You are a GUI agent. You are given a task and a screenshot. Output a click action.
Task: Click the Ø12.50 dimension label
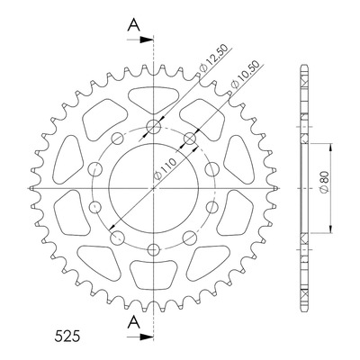[214, 58]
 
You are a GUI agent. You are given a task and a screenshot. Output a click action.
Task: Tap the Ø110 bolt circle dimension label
[165, 170]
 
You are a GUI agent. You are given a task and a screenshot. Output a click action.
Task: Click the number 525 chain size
[67, 336]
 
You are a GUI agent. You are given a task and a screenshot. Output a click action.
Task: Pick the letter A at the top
[134, 24]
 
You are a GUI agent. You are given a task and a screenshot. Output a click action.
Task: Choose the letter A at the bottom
[134, 322]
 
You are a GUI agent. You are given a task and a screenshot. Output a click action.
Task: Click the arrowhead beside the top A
[146, 40]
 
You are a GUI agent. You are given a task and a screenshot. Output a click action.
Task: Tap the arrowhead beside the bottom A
[146, 337]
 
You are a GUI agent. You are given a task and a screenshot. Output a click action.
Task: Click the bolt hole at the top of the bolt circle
[154, 127]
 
